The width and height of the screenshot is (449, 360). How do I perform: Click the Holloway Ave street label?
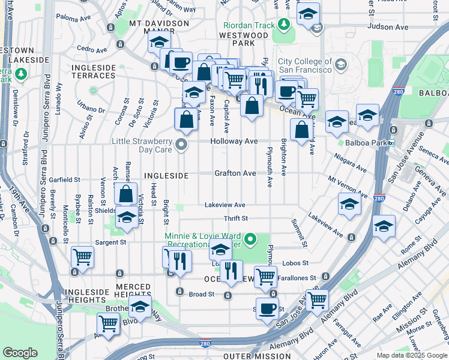click(x=234, y=142)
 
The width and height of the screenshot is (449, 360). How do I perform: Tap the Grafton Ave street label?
click(x=235, y=173)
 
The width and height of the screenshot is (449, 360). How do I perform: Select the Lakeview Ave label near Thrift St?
click(x=225, y=205)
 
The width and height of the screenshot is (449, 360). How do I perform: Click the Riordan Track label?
click(x=249, y=26)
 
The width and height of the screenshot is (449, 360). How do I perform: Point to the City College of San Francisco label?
click(x=305, y=66)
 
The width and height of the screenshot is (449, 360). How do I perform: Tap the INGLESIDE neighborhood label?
click(x=166, y=176)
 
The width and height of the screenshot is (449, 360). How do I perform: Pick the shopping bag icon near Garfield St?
click(x=125, y=195)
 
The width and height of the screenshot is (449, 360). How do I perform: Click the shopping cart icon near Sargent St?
click(x=82, y=257)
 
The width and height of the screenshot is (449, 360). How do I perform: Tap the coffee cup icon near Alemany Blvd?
click(x=267, y=309)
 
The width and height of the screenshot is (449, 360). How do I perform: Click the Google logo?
click(x=20, y=353)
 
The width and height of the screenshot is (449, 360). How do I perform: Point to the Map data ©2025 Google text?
click(x=412, y=355)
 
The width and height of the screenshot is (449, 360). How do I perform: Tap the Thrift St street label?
click(x=235, y=219)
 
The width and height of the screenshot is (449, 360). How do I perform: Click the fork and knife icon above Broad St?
click(x=231, y=271)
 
